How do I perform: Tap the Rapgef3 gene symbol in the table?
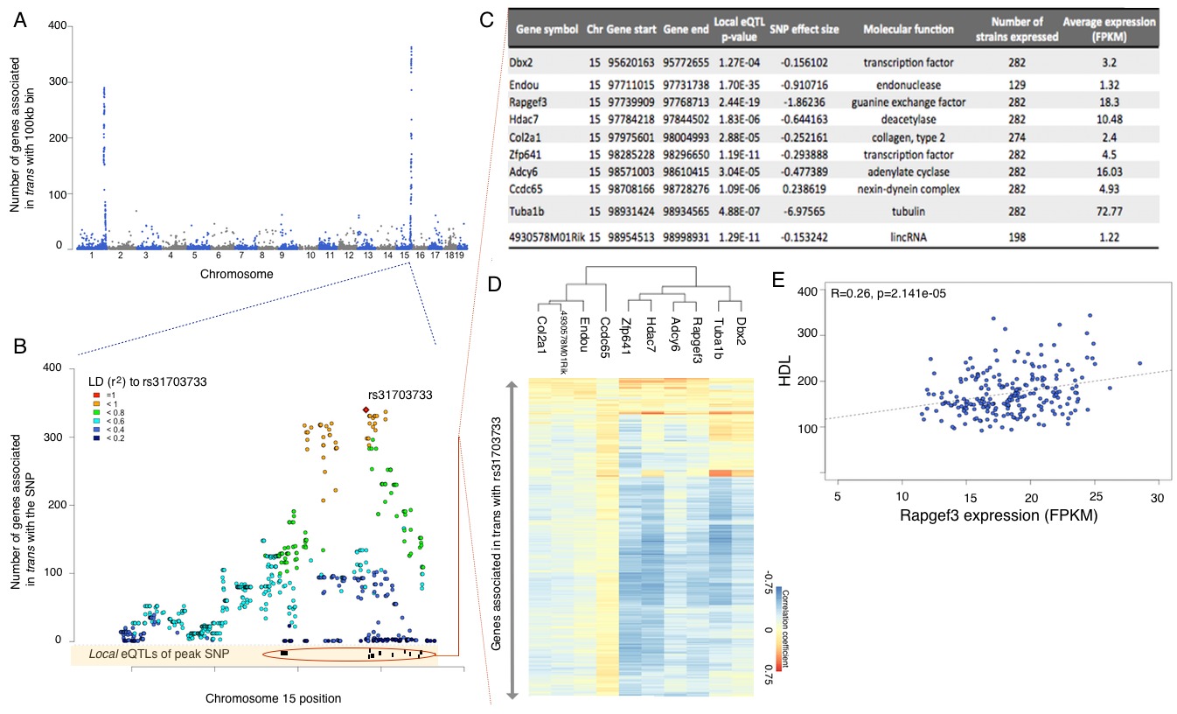pos(529,101)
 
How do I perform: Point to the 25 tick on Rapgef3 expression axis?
pos(1097,496)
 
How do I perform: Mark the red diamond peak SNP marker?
pos(366,410)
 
